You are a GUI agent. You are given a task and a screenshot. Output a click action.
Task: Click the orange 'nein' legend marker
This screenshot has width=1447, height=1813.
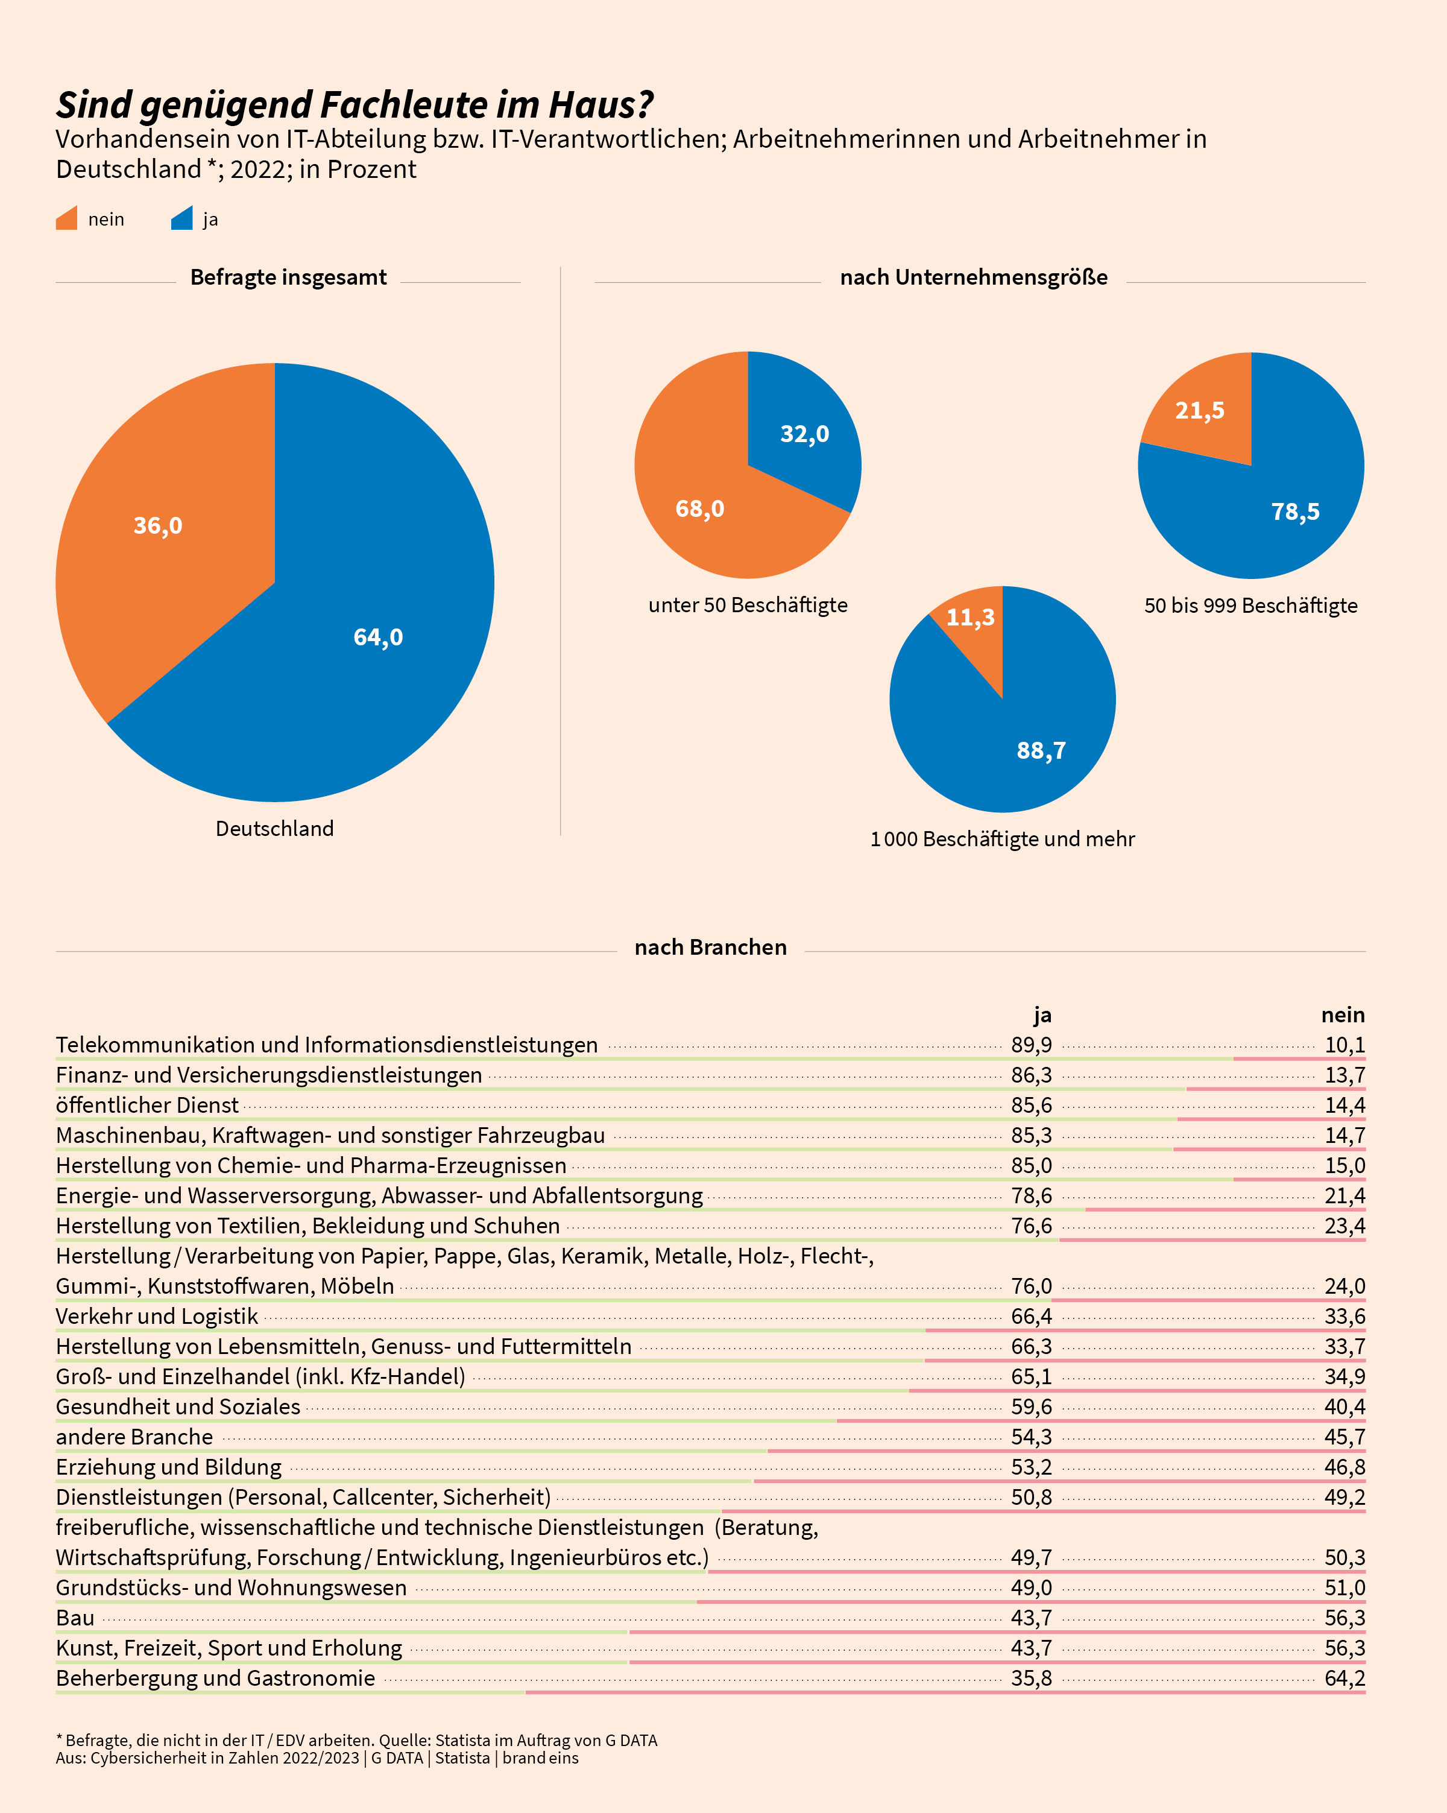pos(66,219)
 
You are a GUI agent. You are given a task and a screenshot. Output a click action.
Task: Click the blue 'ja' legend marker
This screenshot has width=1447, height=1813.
pos(181,219)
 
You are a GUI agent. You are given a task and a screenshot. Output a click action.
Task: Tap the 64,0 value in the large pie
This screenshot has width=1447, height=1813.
pos(379,638)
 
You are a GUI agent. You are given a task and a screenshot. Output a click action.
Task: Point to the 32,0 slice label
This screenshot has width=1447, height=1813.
pos(805,434)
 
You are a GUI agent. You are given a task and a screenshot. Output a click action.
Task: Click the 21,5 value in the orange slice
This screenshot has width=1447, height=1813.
pos(1200,410)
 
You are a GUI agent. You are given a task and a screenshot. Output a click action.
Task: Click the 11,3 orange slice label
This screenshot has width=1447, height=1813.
pos(970,617)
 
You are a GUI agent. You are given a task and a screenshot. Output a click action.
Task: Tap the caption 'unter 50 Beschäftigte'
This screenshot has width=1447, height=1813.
pos(748,606)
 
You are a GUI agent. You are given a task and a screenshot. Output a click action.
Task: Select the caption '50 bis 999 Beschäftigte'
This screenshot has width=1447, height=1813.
pos(1251,606)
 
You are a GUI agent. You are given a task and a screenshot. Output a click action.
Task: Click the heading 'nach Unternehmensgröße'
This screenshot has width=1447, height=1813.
pos(974,277)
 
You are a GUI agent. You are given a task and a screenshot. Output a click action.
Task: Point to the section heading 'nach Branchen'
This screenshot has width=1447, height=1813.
pos(710,948)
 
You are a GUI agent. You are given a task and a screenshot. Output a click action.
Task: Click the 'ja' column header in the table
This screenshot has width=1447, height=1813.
pos(1042,1015)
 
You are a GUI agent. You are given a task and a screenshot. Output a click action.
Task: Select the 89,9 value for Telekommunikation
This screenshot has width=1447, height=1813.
pos(1032,1045)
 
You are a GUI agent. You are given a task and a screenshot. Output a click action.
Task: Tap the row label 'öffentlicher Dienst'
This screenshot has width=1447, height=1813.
pos(147,1105)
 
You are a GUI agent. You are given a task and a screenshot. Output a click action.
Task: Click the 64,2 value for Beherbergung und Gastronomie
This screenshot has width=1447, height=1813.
pos(1345,1679)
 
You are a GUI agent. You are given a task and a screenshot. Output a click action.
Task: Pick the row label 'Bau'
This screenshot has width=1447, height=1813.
pos(75,1618)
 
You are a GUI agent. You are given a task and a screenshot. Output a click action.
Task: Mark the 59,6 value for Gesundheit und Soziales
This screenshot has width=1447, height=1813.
pos(1032,1407)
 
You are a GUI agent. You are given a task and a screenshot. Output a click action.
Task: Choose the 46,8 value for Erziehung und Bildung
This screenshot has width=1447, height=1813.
pos(1345,1467)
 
